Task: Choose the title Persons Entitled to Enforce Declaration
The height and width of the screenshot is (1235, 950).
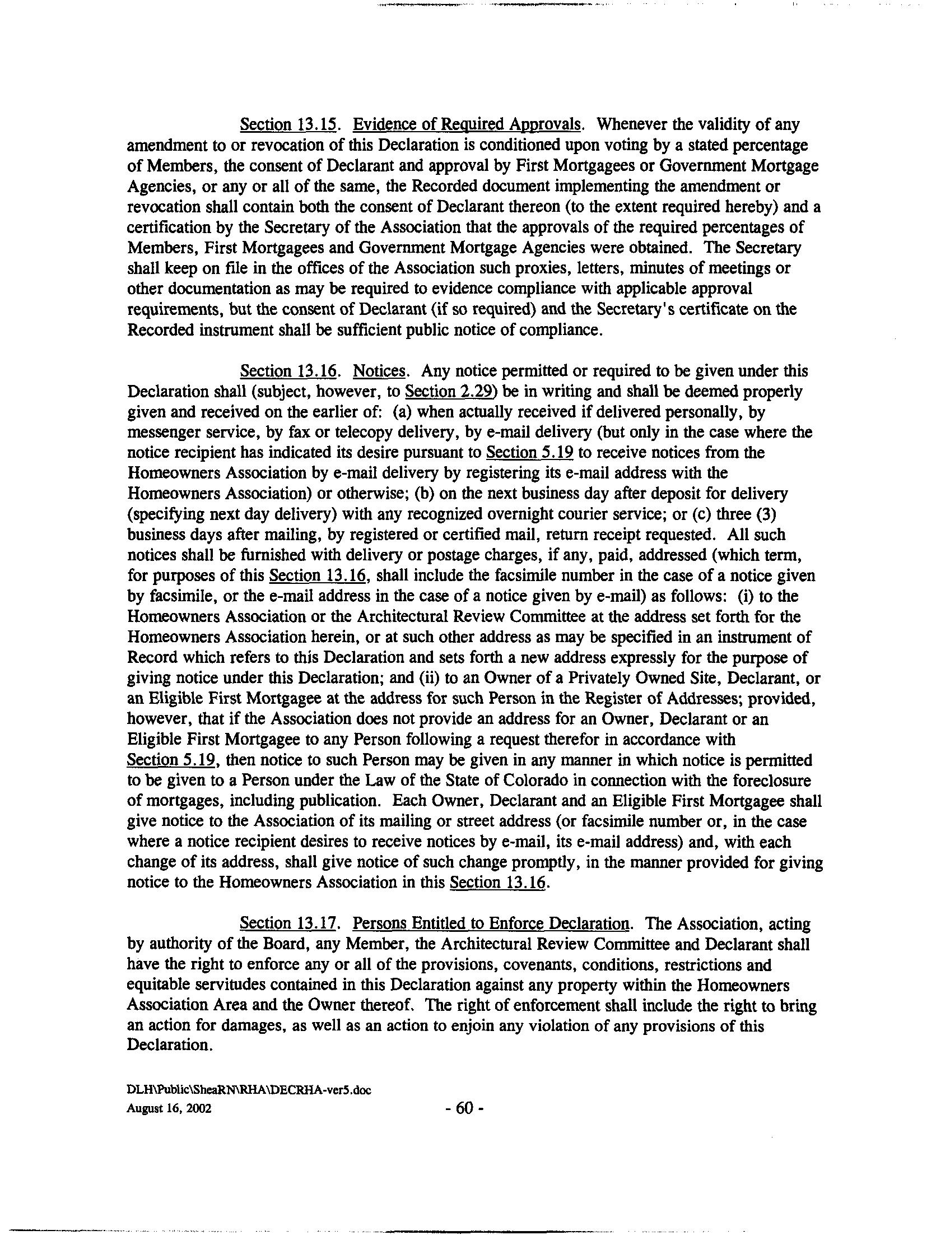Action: [491, 923]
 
